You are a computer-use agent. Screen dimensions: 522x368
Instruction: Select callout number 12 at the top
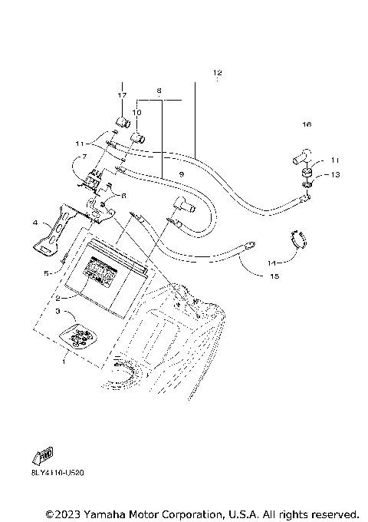coord(217,73)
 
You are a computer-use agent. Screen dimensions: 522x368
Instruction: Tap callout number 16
coord(307,124)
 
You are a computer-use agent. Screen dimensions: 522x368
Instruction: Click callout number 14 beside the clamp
coord(271,262)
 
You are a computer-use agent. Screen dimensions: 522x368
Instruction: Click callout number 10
coord(137,113)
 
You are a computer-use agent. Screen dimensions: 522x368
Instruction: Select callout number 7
coord(83,157)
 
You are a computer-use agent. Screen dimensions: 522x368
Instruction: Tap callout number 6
coord(123,196)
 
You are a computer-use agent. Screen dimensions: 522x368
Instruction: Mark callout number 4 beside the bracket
coord(35,223)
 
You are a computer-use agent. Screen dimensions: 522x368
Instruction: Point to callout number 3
coord(56,312)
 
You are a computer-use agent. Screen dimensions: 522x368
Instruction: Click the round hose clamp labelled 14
coord(300,239)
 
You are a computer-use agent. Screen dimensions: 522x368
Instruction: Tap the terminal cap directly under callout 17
coord(120,121)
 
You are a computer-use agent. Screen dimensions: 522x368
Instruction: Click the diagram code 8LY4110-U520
coord(58,473)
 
